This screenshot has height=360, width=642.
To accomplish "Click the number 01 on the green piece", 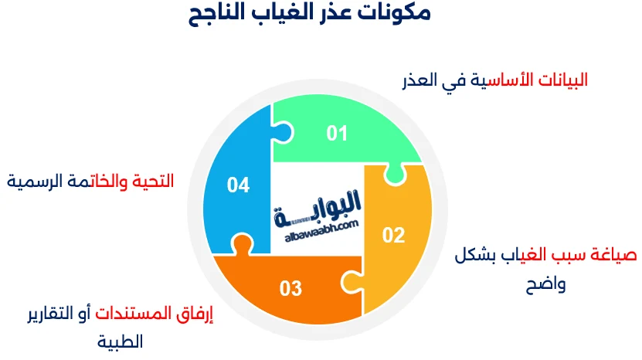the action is pyautogui.click(x=337, y=134).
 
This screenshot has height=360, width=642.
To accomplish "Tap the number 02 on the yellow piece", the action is pyautogui.click(x=393, y=235).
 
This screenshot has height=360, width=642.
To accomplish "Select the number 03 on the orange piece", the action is pyautogui.click(x=290, y=288).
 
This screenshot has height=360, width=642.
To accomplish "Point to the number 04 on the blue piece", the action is pyautogui.click(x=238, y=185).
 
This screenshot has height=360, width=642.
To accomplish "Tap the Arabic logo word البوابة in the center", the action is pyautogui.click(x=318, y=208).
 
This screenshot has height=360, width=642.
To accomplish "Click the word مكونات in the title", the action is pyautogui.click(x=394, y=12).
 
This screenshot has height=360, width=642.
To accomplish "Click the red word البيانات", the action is pyautogui.click(x=562, y=80).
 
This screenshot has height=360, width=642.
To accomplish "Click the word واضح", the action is pyautogui.click(x=545, y=284).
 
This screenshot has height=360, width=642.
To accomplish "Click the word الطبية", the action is pyautogui.click(x=120, y=341).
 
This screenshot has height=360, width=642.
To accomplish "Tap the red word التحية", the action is pyautogui.click(x=153, y=181).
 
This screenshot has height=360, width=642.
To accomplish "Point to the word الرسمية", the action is pyautogui.click(x=28, y=181).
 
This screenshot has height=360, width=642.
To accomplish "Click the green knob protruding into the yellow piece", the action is pyautogui.click(x=395, y=175).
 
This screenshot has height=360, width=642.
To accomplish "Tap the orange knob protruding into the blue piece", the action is pyautogui.click(x=242, y=244).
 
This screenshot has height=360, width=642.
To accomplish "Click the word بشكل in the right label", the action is pyautogui.click(x=475, y=255).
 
